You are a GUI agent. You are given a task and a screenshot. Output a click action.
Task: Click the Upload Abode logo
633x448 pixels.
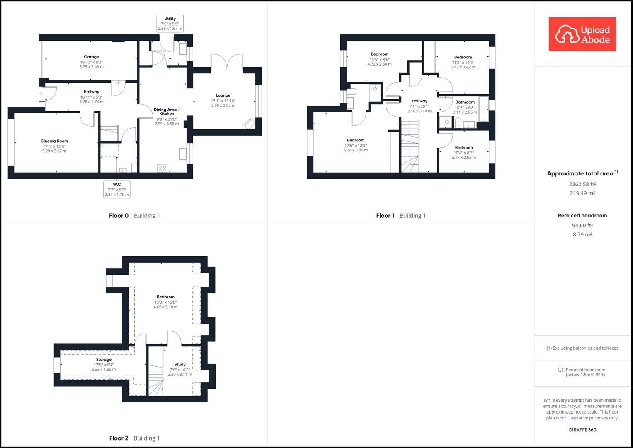pyautogui.click(x=582, y=34)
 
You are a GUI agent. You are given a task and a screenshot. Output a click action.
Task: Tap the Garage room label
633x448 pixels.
pyautogui.click(x=91, y=57)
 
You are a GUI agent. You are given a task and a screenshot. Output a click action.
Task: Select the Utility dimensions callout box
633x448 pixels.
pyautogui.click(x=170, y=24)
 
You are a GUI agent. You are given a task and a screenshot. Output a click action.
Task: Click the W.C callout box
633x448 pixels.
pyautogui.click(x=117, y=190)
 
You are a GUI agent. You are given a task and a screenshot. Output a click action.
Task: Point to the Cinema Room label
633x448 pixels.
pyautogui.click(x=54, y=141)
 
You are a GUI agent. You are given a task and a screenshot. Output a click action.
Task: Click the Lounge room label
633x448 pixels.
pyautogui.click(x=223, y=95)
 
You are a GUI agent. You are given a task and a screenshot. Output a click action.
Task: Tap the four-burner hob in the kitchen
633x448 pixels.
pyautogui.click(x=162, y=168)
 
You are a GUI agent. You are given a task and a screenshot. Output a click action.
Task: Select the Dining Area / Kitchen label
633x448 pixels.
pyautogui.click(x=167, y=112)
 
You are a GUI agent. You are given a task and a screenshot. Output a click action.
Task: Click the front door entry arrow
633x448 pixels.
pyautogui.click(x=40, y=94)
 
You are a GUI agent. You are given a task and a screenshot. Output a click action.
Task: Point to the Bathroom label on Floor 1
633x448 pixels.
pyautogui.click(x=465, y=102)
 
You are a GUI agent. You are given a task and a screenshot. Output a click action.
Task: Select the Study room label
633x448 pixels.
pyautogui.click(x=180, y=364)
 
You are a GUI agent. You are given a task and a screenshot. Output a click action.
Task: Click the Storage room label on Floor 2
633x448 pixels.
pyautogui.click(x=104, y=360)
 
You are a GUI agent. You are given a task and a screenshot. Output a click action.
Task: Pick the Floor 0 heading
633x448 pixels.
pyautogui.click(x=119, y=216)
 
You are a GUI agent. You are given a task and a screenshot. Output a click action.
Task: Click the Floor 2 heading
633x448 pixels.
pyautogui.click(x=119, y=438)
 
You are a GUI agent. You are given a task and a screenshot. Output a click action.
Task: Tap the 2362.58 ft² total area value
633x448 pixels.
pyautogui.click(x=582, y=184)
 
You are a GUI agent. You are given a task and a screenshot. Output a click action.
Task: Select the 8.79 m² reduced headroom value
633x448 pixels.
pyautogui.click(x=582, y=234)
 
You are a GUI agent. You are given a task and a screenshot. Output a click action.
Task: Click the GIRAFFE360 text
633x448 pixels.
pyautogui.click(x=582, y=430)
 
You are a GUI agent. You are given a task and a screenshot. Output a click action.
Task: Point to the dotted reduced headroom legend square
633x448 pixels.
pyautogui.click(x=560, y=370)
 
